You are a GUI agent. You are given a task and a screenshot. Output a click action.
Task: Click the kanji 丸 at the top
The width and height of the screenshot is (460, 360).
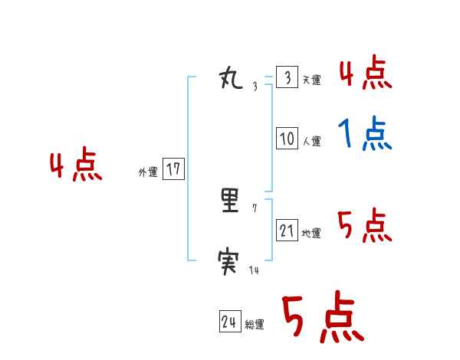(x=232, y=78)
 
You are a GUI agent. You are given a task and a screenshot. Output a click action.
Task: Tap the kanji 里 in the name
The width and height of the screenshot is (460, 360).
(x=232, y=201)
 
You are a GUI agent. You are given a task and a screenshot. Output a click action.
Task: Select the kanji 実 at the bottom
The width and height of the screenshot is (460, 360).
(x=232, y=265)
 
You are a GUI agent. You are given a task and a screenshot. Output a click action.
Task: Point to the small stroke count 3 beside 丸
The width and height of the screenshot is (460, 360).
(x=255, y=87)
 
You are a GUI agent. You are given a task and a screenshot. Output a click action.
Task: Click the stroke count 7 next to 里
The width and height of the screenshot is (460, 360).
(x=255, y=208)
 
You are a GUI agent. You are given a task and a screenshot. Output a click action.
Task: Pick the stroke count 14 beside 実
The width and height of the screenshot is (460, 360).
(x=255, y=270)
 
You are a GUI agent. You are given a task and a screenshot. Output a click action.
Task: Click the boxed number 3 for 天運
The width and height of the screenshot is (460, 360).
(x=287, y=78)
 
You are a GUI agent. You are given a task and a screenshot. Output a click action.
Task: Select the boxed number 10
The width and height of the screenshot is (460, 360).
(x=287, y=139)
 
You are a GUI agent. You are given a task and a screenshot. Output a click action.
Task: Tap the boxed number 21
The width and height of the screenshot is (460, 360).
(x=287, y=231)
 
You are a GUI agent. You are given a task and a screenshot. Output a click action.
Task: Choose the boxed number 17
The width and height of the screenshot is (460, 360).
(x=173, y=169)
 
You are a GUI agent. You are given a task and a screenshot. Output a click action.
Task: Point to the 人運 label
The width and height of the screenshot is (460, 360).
(x=311, y=141)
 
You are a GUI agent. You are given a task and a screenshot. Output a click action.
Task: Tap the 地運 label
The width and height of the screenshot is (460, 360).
(x=311, y=233)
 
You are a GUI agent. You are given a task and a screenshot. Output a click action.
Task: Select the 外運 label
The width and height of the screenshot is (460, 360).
(x=148, y=172)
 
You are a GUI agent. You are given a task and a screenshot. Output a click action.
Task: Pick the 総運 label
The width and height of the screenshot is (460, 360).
(x=255, y=325)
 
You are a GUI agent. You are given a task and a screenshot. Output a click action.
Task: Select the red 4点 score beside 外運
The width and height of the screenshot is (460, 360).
(x=76, y=166)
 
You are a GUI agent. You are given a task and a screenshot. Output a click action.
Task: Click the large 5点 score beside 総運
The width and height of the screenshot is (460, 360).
(x=322, y=318)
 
